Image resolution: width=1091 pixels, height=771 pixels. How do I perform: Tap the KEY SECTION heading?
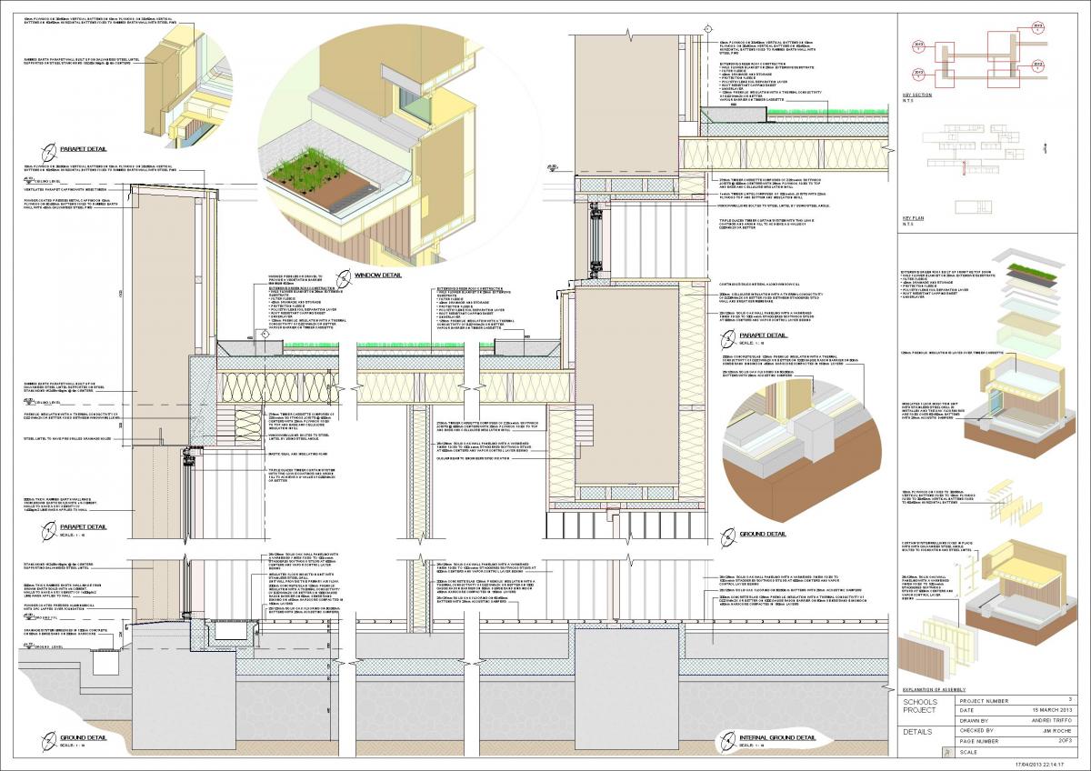pos(917,94)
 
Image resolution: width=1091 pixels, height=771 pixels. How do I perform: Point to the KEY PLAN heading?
pos(913,217)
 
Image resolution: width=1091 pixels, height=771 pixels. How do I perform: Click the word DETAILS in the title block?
pos(918,730)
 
